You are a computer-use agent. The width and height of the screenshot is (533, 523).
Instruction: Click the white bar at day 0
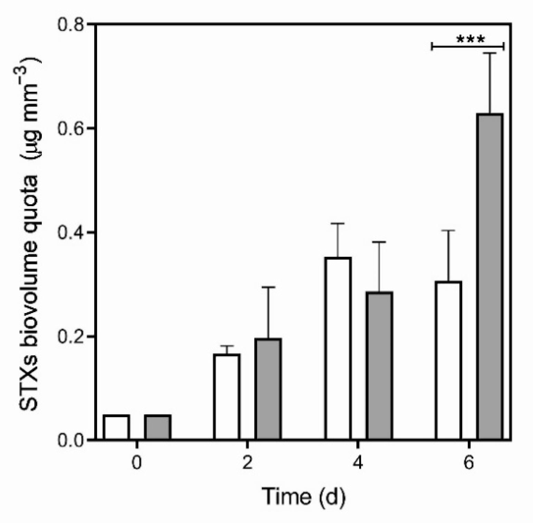116,427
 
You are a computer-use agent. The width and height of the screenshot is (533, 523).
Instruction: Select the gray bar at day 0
158,427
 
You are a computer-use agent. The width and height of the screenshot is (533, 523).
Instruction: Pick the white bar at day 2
227,397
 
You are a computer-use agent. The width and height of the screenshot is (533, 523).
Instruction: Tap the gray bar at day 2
268,389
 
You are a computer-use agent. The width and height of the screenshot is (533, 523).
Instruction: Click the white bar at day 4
338,348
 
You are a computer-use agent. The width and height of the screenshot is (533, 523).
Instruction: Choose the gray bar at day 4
379,366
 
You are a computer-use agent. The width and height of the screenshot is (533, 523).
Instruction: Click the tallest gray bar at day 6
490,276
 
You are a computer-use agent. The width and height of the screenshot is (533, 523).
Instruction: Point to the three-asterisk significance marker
470,39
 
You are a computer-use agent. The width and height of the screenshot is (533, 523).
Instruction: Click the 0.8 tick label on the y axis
71,25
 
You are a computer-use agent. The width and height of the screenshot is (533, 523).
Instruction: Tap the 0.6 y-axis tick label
71,129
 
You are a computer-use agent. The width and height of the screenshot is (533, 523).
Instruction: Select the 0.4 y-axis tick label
71,232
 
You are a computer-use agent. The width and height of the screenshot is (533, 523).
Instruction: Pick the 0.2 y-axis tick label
71,336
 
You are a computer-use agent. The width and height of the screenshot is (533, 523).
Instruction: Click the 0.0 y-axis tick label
71,440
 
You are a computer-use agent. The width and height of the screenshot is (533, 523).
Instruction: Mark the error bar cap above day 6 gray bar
490,53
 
